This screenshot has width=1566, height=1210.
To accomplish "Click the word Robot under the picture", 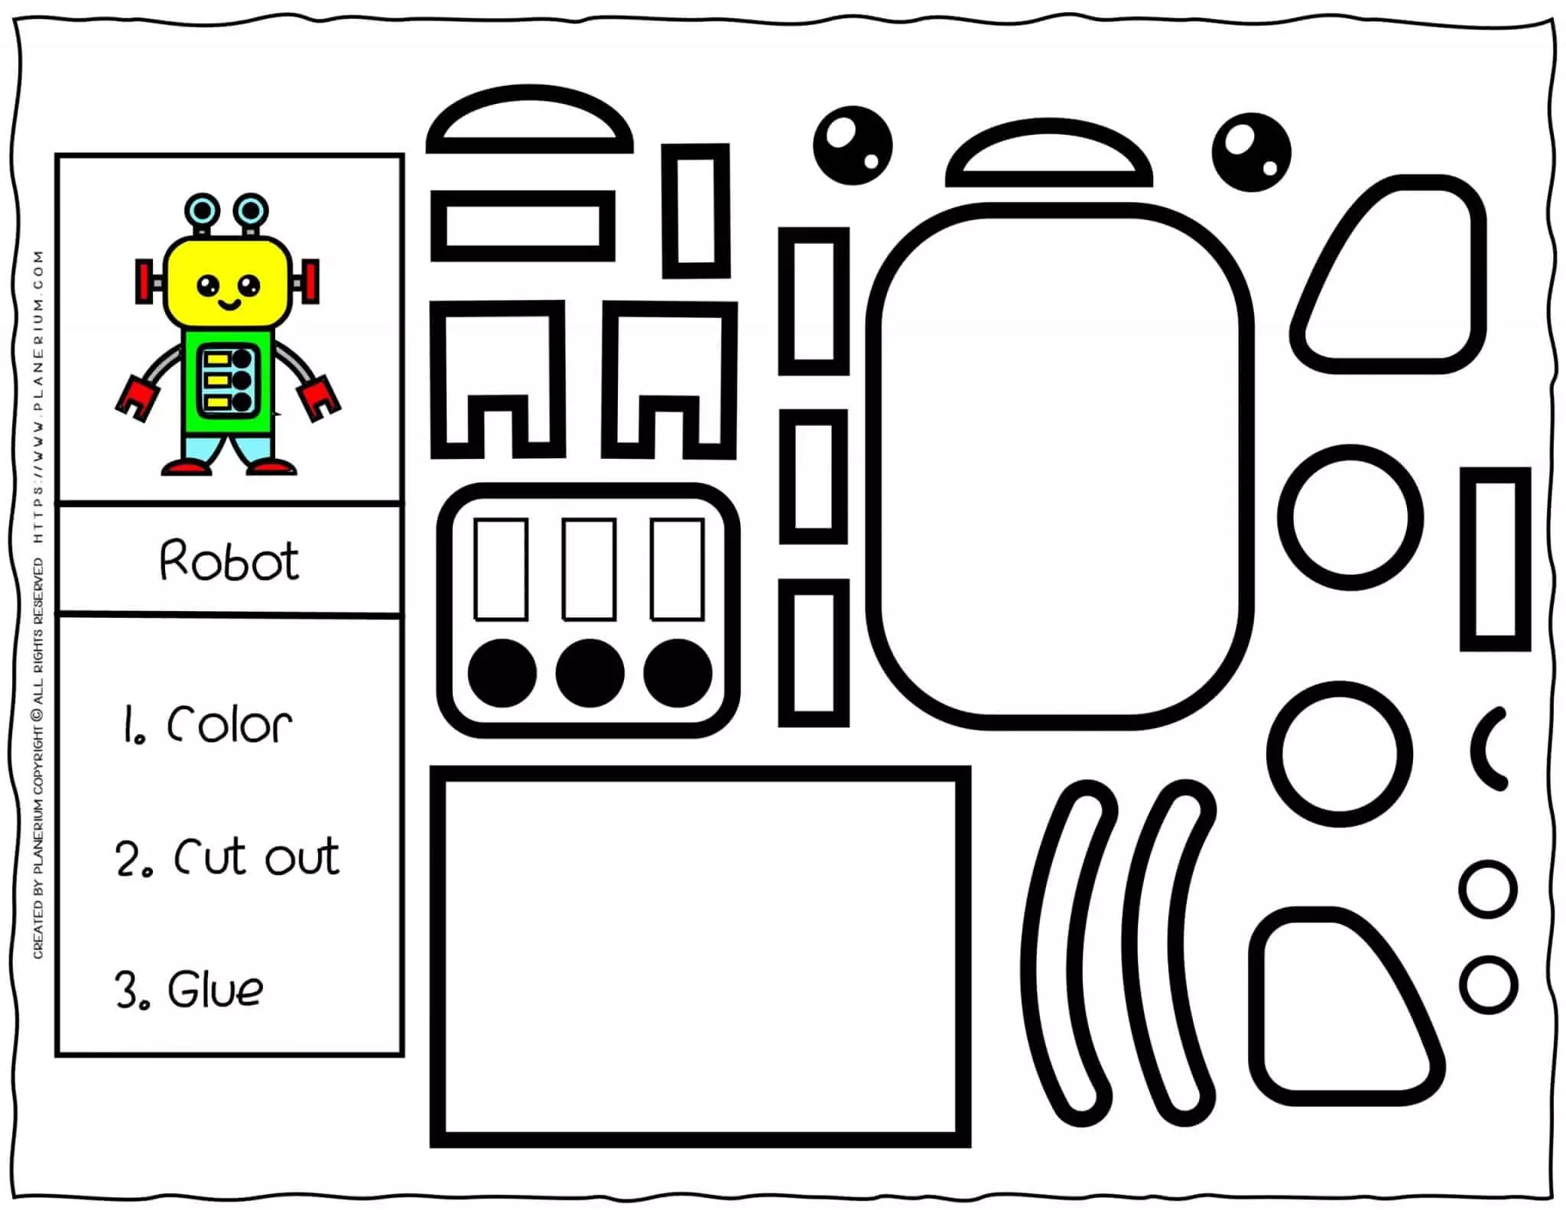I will coord(229,561).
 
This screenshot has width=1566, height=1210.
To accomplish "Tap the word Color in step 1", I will coord(229,724).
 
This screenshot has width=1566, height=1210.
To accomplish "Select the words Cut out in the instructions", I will coord(256,856).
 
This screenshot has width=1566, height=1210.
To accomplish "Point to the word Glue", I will coord(215,990).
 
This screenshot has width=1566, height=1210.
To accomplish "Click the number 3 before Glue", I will coord(127,990).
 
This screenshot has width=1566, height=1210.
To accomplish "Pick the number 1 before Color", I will coord(129,724).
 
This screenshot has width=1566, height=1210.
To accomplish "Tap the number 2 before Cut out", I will coord(127,858).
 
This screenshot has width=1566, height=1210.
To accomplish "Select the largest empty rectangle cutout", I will coord(700,956).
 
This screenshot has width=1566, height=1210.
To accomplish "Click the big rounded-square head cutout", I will coord(1059,467).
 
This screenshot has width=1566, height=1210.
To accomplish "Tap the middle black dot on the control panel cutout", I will coord(590,673).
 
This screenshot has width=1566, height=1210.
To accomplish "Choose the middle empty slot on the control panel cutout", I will coord(589,570).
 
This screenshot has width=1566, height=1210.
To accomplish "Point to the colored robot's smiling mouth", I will coord(228,305).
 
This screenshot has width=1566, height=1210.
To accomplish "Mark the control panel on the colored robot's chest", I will coord(227,380).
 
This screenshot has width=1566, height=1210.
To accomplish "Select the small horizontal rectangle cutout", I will coord(523,226).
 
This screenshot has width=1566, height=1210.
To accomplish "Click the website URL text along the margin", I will coord(38,398).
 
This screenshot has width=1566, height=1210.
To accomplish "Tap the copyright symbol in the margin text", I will coord(38,717).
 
